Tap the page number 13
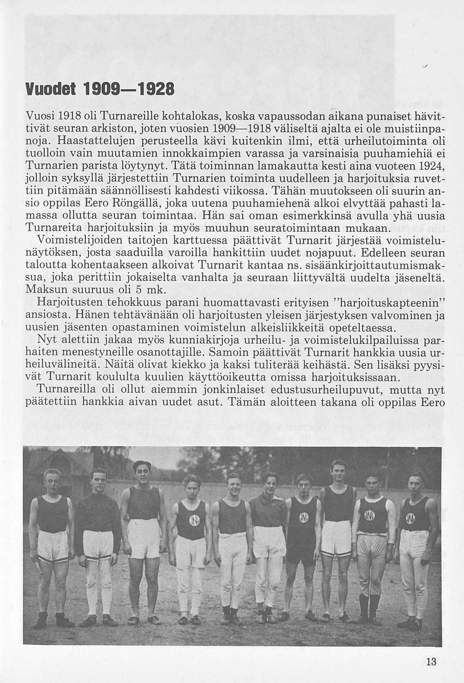[x=431, y=661]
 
